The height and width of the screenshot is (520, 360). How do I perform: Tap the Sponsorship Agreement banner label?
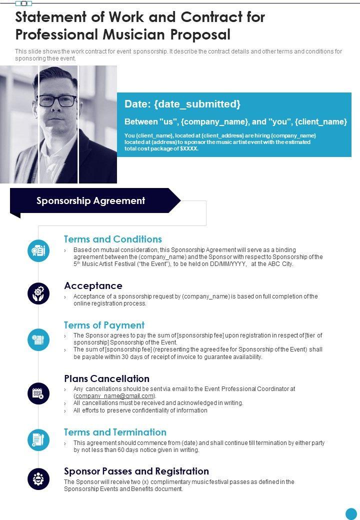coord(90,201)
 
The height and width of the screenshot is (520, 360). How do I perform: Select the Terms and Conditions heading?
coord(113,239)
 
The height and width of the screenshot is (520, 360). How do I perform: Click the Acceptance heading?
coord(93,285)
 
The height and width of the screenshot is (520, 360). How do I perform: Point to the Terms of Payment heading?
coord(104,325)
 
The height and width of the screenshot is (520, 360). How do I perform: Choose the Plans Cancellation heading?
coord(106,378)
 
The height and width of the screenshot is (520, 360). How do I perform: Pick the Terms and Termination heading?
coord(115,432)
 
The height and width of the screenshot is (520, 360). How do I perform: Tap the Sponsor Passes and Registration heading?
coord(136,471)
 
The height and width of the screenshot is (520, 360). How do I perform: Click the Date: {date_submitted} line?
coord(182,104)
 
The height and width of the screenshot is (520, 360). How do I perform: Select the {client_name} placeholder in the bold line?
coord(320,121)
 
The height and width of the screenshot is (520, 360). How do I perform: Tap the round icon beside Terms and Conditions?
coord(38,250)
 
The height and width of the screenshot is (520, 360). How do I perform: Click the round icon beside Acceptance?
coord(38,293)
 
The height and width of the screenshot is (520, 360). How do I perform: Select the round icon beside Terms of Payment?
coord(38,339)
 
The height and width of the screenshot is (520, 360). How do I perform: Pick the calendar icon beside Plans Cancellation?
coord(38,393)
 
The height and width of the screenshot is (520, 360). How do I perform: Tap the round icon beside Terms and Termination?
coord(38,440)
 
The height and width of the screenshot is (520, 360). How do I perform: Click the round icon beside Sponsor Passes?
coord(38,479)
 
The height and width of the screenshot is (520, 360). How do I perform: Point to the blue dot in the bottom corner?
coord(351,513)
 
